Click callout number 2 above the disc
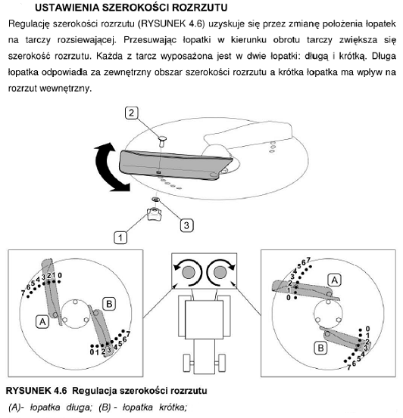132,113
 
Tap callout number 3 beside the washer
186,225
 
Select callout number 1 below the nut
120,237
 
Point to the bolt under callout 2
162,141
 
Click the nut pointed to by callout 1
154,214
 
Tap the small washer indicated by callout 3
156,199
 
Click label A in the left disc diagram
42,322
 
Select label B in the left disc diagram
109,304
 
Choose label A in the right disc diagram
334,280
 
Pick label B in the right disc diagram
320,348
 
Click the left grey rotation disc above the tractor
189,272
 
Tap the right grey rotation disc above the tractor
220,272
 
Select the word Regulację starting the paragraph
29,24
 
